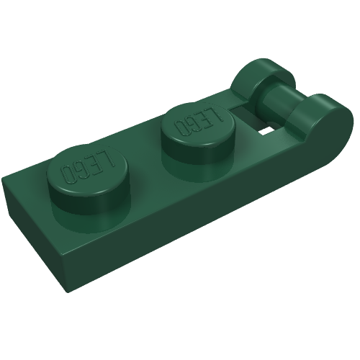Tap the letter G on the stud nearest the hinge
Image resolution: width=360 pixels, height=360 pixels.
(193, 124)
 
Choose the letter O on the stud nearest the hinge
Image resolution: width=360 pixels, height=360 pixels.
(181, 127)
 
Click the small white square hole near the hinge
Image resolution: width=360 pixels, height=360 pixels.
(268, 130)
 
